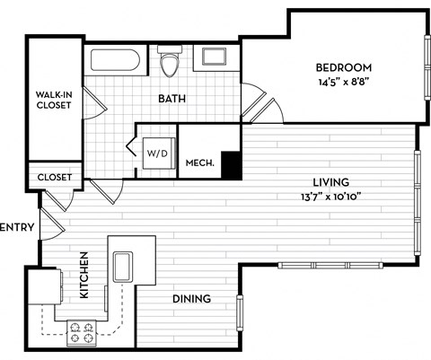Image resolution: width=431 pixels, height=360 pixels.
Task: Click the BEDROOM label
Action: pyautogui.click(x=344, y=67)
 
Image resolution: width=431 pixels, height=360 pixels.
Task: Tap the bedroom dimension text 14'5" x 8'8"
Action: pyautogui.click(x=344, y=81)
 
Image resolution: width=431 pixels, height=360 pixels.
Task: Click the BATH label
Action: pyautogui.click(x=172, y=98)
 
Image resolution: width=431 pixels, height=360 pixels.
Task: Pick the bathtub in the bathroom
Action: pyautogui.click(x=113, y=63)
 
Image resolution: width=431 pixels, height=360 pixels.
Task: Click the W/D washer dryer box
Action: pyautogui.click(x=156, y=152)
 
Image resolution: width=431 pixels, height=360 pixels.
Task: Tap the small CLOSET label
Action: pyautogui.click(x=54, y=177)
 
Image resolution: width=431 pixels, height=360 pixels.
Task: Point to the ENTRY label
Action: pyautogui.click(x=17, y=228)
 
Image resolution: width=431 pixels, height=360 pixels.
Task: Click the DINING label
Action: pyautogui.click(x=191, y=299)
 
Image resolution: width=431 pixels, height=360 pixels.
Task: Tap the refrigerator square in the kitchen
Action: pyautogui.click(x=42, y=289)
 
